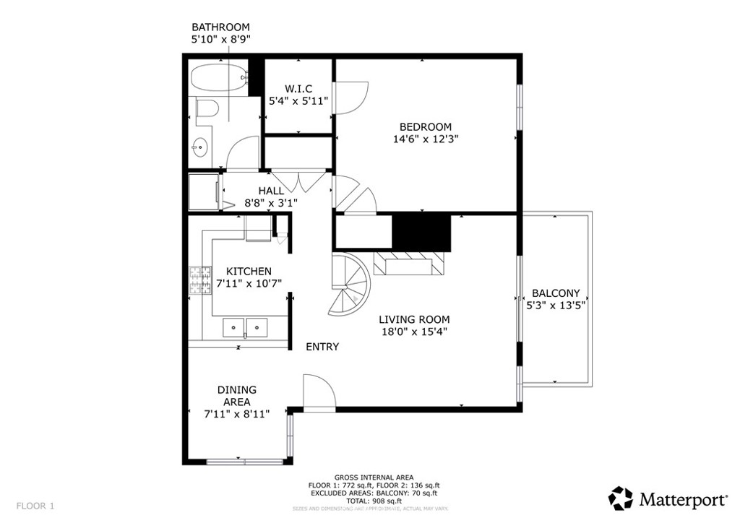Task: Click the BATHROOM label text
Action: click(x=220, y=27)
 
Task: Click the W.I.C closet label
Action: click(x=298, y=89)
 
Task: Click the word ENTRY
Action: click(x=322, y=347)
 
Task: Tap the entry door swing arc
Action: click(x=319, y=392)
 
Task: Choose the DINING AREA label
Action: click(x=236, y=396)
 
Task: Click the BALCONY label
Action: click(x=556, y=293)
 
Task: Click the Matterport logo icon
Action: click(x=620, y=498)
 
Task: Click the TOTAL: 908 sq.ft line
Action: click(x=374, y=501)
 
